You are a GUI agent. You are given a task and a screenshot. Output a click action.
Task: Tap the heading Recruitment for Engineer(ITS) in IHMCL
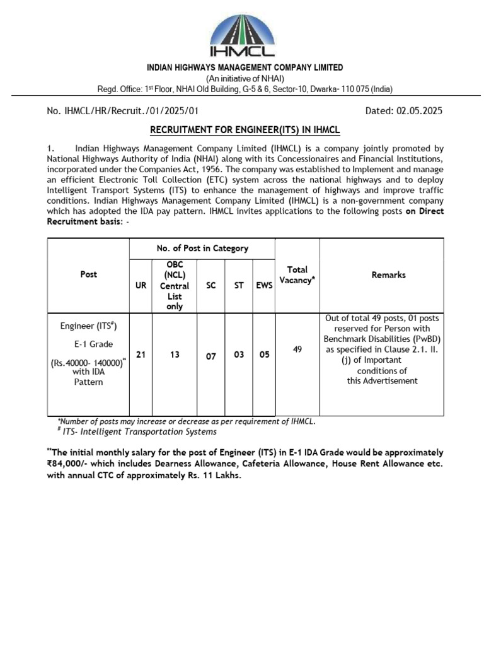coord(244,130)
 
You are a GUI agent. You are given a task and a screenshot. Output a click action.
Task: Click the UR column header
coord(141,286)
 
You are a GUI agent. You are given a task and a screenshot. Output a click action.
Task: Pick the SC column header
coord(211,286)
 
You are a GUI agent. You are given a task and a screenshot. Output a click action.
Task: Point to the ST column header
coord(239,286)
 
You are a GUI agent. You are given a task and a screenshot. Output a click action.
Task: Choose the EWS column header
coord(264,286)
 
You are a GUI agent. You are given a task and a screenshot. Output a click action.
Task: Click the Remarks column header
coord(388,275)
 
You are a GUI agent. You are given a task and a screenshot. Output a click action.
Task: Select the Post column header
coord(89,275)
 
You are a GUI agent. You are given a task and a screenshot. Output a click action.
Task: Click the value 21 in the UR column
coord(141,355)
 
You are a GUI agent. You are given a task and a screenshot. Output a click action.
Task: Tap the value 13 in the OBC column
coord(175,355)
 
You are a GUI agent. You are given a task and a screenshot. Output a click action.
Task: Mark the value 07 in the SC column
coord(211,356)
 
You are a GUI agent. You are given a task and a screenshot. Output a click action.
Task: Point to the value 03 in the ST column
coord(239,355)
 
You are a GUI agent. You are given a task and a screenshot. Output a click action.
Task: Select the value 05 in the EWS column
coord(264,355)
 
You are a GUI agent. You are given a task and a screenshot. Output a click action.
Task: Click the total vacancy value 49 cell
coord(297,348)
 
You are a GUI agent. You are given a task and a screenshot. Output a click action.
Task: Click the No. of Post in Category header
coord(202,249)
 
